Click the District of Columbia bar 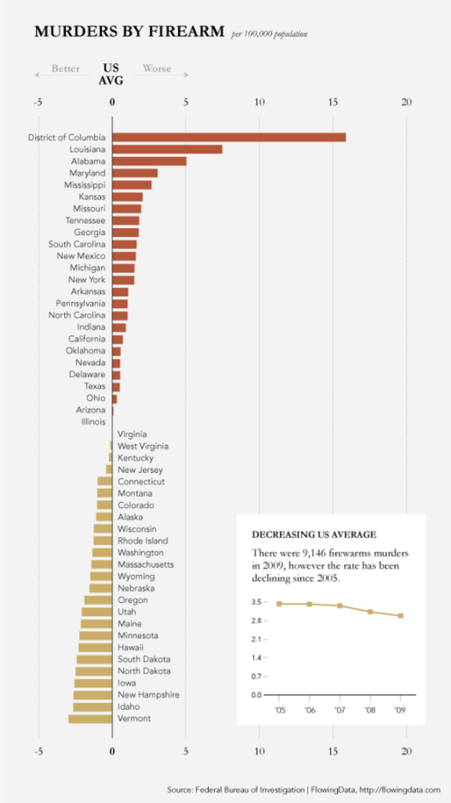(x=229, y=137)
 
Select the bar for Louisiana (x=167, y=149)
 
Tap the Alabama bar (x=149, y=161)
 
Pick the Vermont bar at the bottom (x=90, y=718)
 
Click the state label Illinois (x=92, y=421)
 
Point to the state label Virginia (x=133, y=434)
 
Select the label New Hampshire (x=149, y=694)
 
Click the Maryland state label (x=87, y=173)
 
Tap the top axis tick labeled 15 (x=333, y=102)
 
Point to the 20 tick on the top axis (x=407, y=102)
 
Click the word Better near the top (x=65, y=69)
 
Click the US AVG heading (x=111, y=74)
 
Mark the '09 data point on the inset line (x=400, y=616)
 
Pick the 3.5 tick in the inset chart (x=258, y=602)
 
